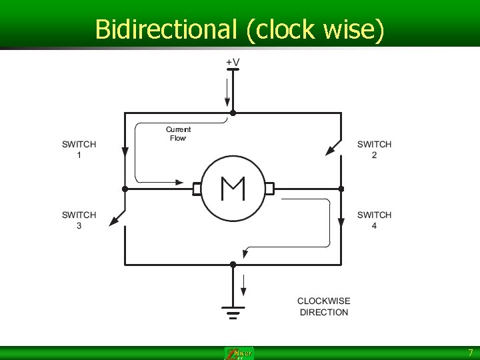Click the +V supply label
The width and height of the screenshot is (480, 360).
[233, 62]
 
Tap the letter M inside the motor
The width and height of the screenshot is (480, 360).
[233, 189]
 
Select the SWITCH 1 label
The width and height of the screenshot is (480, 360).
[79, 149]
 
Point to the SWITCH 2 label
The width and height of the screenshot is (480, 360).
[374, 149]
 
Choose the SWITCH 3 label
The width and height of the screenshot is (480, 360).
[79, 220]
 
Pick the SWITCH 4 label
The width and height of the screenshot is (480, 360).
[374, 220]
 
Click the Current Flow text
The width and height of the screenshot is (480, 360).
[178, 133]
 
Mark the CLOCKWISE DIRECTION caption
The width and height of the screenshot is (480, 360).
[323, 307]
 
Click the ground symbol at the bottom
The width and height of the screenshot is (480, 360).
[233, 311]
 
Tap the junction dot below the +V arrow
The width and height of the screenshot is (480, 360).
[233, 113]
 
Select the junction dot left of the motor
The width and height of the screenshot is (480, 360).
[125, 189]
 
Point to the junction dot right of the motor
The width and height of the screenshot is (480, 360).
[341, 189]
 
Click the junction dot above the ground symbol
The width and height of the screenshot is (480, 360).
[233, 265]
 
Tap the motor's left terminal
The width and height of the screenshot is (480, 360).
[197, 189]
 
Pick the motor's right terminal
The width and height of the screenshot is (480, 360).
[269, 189]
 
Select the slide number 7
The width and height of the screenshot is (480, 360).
[470, 353]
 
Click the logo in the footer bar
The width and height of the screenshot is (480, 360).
[239, 353]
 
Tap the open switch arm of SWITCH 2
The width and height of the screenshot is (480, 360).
[333, 148]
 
